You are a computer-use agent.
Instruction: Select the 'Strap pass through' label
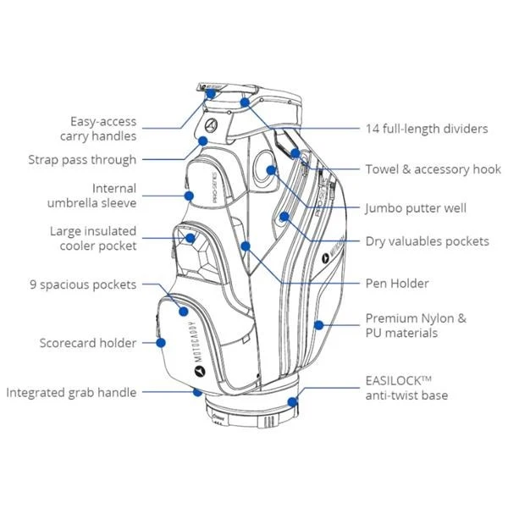pos(81,159)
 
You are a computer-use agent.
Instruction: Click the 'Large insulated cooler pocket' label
pos(92,238)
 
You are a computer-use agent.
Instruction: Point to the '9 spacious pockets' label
pos(82,284)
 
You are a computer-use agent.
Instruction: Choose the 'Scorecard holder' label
pos(87,343)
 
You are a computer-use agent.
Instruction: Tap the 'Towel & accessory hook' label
pos(433,169)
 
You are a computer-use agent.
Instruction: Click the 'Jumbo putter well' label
pos(416,207)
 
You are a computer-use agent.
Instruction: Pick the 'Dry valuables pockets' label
pos(427,241)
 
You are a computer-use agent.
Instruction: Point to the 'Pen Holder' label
pos(396,283)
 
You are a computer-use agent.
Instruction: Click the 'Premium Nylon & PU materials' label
pos(415,326)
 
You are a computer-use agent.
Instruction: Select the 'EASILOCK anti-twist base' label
pos(406,388)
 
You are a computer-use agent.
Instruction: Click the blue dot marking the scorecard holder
pos(160,343)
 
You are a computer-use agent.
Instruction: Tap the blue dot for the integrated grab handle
pos(197,393)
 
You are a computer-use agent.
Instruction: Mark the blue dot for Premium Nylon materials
pos(317,324)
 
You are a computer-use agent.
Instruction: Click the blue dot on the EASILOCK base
pos(292,403)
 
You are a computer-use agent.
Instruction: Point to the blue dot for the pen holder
pos(245,246)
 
